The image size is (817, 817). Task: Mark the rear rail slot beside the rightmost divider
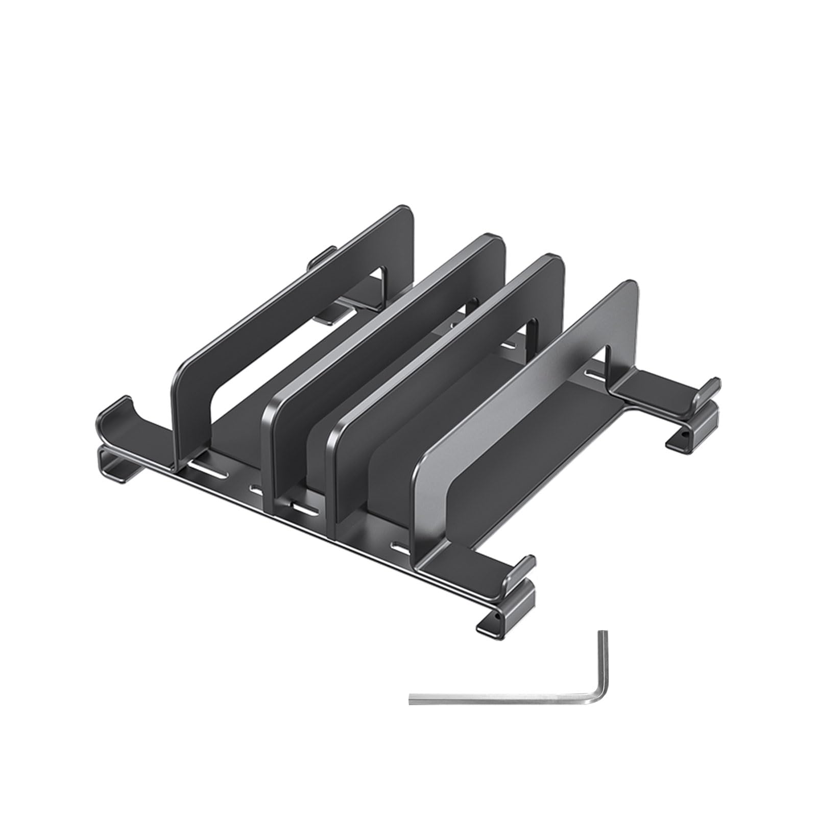tap(595, 377)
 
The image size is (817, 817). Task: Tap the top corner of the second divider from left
tap(493, 240)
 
